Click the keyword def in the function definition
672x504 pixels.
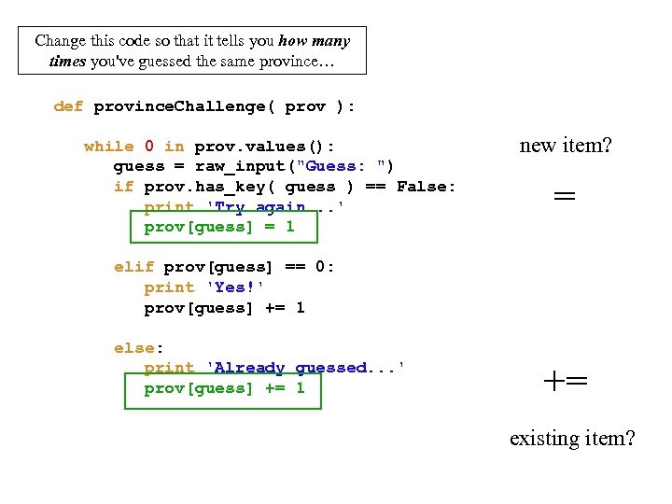point(68,106)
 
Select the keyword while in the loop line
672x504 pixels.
point(108,147)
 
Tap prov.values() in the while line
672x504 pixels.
point(264,147)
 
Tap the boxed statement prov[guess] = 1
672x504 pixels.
point(219,227)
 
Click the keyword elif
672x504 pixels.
point(133,267)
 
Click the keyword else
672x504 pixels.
point(133,348)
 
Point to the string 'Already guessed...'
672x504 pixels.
point(304,368)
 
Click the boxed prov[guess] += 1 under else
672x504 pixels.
point(224,388)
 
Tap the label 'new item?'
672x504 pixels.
point(566,145)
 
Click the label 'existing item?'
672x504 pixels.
point(572,437)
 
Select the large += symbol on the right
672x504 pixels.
point(566,381)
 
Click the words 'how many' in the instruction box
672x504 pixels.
point(314,41)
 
